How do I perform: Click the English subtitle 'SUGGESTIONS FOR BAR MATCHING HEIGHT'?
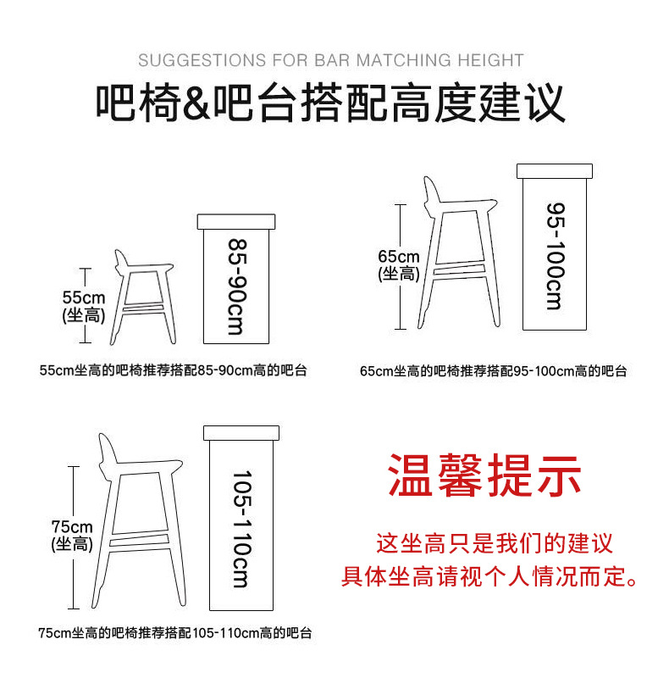(x=330, y=60)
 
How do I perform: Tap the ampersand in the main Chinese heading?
(x=196, y=103)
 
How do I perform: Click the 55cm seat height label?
(x=84, y=306)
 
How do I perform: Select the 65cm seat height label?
(x=399, y=264)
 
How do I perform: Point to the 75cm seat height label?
(x=72, y=535)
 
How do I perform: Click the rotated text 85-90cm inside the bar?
(x=237, y=286)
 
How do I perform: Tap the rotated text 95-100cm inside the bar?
(x=555, y=256)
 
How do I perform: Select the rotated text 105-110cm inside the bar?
(x=241, y=529)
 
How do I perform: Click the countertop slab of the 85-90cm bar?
(x=236, y=222)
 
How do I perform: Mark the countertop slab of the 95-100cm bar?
(x=555, y=171)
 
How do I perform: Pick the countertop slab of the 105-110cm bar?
(x=241, y=433)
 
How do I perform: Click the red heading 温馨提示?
(x=484, y=475)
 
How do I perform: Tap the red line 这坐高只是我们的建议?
(x=495, y=543)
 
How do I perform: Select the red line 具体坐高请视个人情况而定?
(x=489, y=576)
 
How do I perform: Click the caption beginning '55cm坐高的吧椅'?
(x=173, y=370)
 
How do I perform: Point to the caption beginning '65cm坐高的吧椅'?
(x=493, y=371)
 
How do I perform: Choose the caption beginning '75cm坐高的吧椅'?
(x=175, y=633)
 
